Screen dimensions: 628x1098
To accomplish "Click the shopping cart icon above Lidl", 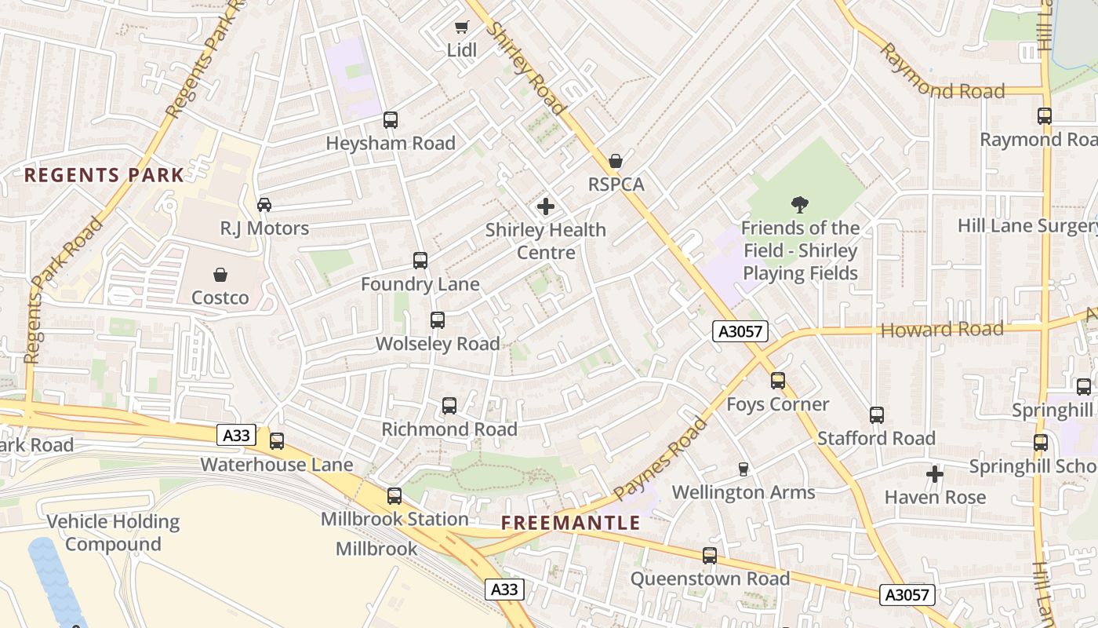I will tap(461, 27).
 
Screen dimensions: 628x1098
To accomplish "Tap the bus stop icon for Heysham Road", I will tap(391, 120).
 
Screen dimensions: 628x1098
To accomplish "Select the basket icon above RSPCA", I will tap(616, 161).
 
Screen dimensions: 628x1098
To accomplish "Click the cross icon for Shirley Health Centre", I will tap(545, 207).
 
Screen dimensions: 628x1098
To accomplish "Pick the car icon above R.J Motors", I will tap(264, 205).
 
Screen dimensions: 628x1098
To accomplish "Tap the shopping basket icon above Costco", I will tap(220, 275).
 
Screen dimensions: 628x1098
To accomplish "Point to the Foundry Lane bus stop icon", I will tap(420, 261).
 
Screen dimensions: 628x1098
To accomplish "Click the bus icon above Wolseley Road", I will tap(438, 320).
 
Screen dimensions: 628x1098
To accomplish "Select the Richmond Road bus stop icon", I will tap(449, 406).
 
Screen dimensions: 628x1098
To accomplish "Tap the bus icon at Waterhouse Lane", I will tap(277, 441).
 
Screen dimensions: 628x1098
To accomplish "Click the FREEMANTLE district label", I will tap(571, 523).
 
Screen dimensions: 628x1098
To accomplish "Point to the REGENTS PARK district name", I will tap(104, 175).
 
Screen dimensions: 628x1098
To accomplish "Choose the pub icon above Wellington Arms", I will tap(744, 469).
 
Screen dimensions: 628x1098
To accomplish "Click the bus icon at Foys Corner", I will tap(778, 381).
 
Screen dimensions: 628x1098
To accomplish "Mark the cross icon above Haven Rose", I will tap(935, 474).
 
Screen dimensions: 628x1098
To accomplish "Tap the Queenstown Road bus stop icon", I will tap(710, 556).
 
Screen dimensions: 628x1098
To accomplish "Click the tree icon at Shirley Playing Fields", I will tap(800, 205).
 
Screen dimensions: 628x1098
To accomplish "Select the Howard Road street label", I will tap(942, 330).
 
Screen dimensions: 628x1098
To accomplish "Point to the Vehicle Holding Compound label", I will tap(113, 533).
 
